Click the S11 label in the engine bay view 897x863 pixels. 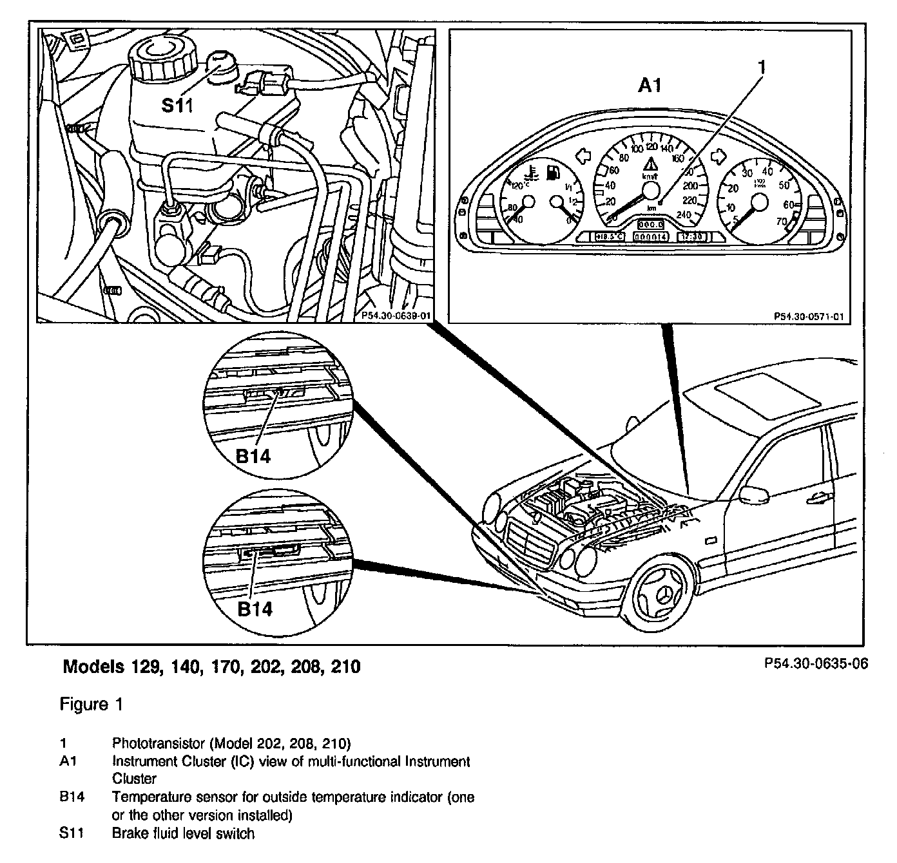point(177,105)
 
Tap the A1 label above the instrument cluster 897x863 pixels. point(649,85)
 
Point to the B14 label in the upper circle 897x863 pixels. point(253,457)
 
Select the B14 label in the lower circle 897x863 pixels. point(255,609)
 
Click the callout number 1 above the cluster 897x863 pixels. point(761,66)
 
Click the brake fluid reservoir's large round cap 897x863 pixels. point(164,55)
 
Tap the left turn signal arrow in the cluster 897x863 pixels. point(583,156)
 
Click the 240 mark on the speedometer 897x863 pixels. point(684,215)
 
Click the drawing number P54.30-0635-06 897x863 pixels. point(816,664)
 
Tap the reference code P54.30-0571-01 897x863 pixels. point(809,316)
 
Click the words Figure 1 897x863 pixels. point(91,705)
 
